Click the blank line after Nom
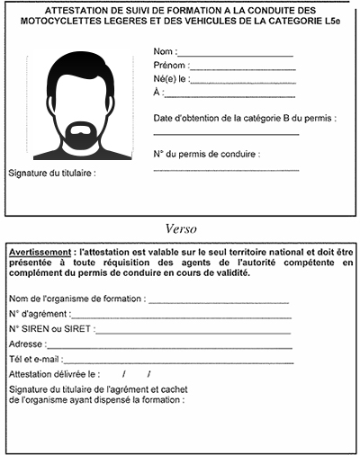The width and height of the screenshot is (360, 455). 236,56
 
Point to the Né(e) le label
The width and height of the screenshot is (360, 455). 172,79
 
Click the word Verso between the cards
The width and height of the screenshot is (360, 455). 181,227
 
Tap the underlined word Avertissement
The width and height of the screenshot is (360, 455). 40,254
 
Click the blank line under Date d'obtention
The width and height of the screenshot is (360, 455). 225,133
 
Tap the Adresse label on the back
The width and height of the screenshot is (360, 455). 26,344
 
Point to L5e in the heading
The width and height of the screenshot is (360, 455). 332,21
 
